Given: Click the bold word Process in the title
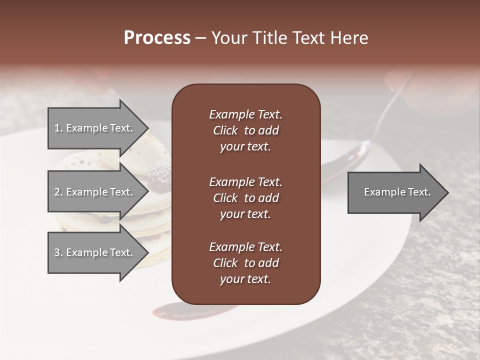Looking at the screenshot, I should click(x=157, y=38).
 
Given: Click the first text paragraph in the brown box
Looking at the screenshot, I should click(x=245, y=130).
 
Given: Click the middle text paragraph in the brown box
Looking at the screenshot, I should click(x=245, y=198).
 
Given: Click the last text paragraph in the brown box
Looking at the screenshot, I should click(x=245, y=263).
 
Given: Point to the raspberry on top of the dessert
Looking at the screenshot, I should click(x=159, y=176).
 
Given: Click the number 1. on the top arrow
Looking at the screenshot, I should click(x=58, y=128).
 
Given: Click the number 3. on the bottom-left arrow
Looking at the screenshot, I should click(x=58, y=252).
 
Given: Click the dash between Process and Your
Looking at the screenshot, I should click(x=200, y=38).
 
